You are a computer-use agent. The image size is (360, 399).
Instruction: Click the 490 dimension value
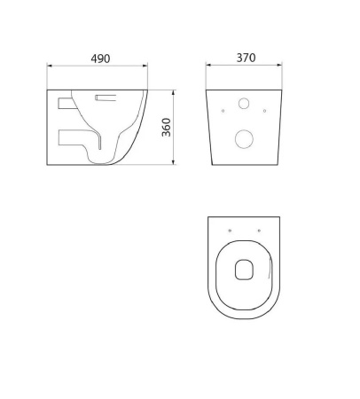point(100,59)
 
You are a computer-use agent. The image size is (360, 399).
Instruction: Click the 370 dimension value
point(246,58)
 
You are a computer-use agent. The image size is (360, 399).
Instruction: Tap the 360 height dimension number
point(167,127)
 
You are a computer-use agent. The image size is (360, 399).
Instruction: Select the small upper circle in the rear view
point(244,104)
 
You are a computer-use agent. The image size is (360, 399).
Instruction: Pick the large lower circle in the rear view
point(244,139)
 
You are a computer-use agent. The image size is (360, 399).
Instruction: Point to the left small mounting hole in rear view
point(223,111)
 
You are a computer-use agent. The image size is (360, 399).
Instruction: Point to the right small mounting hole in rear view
point(264,111)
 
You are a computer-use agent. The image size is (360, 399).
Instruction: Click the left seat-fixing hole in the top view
point(230,231)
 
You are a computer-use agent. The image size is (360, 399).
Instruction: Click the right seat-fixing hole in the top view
point(259,231)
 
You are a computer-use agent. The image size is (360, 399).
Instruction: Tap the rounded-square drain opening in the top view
point(245,270)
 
